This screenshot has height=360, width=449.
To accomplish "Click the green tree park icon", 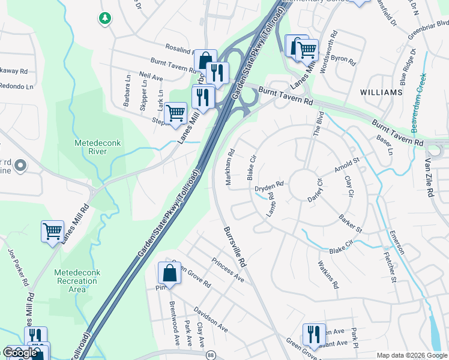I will [106, 19].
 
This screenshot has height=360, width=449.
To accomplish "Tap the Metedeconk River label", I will [91, 147].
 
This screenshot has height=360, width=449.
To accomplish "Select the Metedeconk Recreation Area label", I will [77, 281].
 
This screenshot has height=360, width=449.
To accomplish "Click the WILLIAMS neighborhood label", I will [381, 93].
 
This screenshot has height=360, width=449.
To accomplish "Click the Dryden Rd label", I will [268, 187].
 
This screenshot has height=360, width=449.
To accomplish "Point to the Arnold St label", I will [346, 164].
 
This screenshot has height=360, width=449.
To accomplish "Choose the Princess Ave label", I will [228, 270].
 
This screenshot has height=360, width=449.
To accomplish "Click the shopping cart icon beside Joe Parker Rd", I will [52, 230].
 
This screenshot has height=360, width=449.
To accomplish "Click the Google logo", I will [20, 353].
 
